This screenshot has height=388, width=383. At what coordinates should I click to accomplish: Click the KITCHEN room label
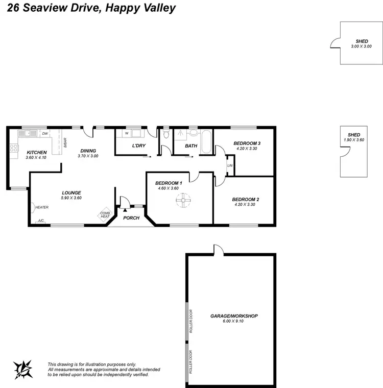pyautogui.click(x=36, y=152)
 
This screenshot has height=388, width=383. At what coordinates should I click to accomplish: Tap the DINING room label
pyautogui.click(x=88, y=151)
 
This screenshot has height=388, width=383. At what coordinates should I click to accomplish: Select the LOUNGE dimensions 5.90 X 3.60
pyautogui.click(x=71, y=198)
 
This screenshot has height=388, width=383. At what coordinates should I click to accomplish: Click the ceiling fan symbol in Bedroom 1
pyautogui.click(x=182, y=200)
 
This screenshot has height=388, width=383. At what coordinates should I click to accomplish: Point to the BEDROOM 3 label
pyautogui.click(x=247, y=143)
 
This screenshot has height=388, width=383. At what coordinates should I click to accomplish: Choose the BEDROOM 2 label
pyautogui.click(x=245, y=200)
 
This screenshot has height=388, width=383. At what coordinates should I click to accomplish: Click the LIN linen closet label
pyautogui.click(x=230, y=166)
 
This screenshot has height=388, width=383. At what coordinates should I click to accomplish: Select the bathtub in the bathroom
pyautogui.click(x=206, y=142)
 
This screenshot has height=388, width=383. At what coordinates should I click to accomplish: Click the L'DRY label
pyautogui.click(x=139, y=146)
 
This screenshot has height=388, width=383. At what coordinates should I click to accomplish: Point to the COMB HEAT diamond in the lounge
pyautogui.click(x=105, y=215)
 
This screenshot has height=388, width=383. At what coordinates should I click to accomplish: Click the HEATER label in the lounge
pyautogui.click(x=41, y=207)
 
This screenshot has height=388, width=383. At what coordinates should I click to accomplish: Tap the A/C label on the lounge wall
pyautogui.click(x=41, y=221)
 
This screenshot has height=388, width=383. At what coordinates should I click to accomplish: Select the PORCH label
pyautogui.click(x=131, y=218)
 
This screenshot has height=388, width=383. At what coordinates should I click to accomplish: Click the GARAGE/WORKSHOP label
pyautogui.click(x=234, y=316)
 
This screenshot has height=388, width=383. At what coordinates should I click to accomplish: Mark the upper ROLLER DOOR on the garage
pyautogui.click(x=191, y=321)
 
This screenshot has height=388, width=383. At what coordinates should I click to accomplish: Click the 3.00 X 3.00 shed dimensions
pyautogui.click(x=361, y=46)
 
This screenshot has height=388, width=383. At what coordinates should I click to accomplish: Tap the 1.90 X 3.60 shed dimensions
pyautogui.click(x=353, y=139)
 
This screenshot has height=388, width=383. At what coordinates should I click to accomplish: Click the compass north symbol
pyautogui.click(x=22, y=368)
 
